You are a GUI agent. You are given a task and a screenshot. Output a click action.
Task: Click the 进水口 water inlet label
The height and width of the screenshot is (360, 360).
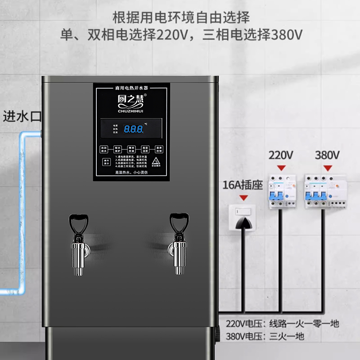click(22, 117)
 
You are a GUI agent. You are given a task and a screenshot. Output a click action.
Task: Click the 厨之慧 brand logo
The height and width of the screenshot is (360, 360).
click(131, 97)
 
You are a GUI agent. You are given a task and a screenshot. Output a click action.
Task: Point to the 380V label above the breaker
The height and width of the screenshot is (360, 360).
click(327, 156)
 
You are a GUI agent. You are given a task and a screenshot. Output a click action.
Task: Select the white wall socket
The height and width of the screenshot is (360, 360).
click(242, 217)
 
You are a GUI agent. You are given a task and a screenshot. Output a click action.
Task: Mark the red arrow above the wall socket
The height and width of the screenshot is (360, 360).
click(243, 198)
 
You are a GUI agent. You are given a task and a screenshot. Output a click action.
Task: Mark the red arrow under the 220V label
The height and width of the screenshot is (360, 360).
click(282, 168)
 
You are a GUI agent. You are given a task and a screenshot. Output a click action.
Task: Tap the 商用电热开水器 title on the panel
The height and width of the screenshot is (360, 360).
click(131, 86)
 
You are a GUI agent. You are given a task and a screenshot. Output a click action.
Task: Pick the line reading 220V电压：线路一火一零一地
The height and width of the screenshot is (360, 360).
click(282, 324)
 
